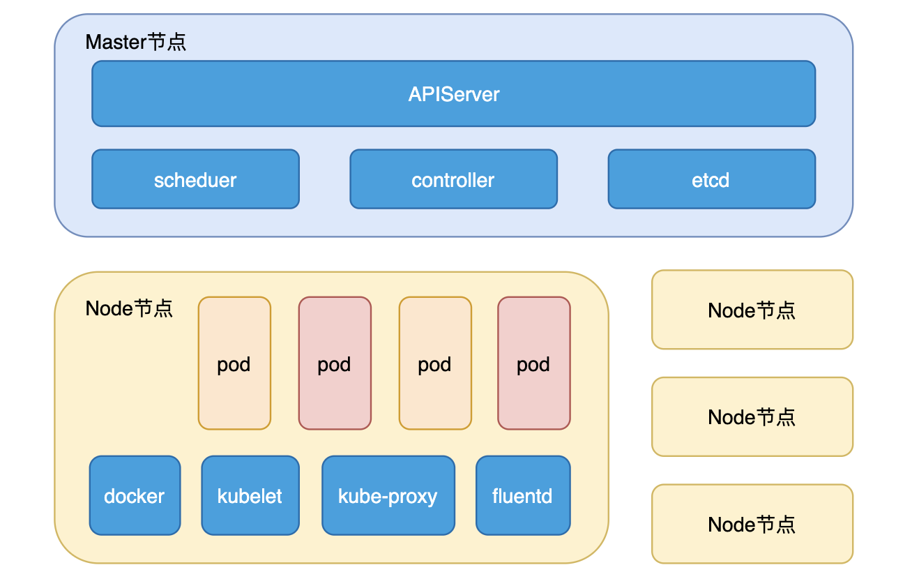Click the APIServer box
point(453,93)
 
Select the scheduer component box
point(195,179)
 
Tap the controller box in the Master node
point(453,179)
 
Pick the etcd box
point(712,179)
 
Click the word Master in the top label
point(116,42)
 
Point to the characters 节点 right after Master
point(166,42)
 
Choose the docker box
point(135,495)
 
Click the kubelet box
point(250,495)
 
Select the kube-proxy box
point(388,495)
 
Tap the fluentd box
point(523,495)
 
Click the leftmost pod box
point(234,363)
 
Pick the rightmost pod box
point(533,363)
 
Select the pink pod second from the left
point(335,363)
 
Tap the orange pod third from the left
point(435,363)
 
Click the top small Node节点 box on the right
point(752,310)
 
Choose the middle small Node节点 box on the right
point(752,416)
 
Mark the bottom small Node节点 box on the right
point(752,524)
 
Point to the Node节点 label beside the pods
point(129,308)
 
